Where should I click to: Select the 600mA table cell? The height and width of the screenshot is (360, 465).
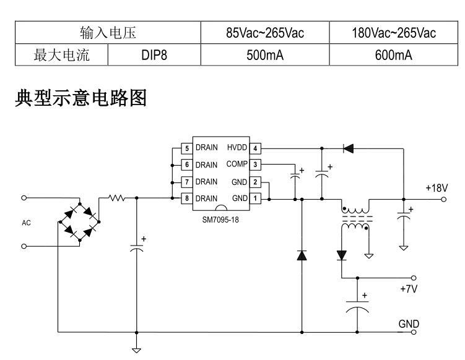[x=393, y=56]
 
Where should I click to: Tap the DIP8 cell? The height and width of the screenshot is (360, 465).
[x=154, y=56]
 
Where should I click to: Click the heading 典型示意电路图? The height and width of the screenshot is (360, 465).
[x=80, y=100]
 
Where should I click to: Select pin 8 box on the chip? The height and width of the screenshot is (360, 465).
[x=185, y=199]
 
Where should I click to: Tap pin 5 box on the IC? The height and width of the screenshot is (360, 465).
[x=185, y=148]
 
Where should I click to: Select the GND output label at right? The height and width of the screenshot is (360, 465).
[x=409, y=324]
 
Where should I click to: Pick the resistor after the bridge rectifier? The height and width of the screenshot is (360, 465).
[x=116, y=199]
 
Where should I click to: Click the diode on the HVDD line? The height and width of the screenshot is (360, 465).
[x=348, y=148]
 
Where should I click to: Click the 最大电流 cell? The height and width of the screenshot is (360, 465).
[x=61, y=56]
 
